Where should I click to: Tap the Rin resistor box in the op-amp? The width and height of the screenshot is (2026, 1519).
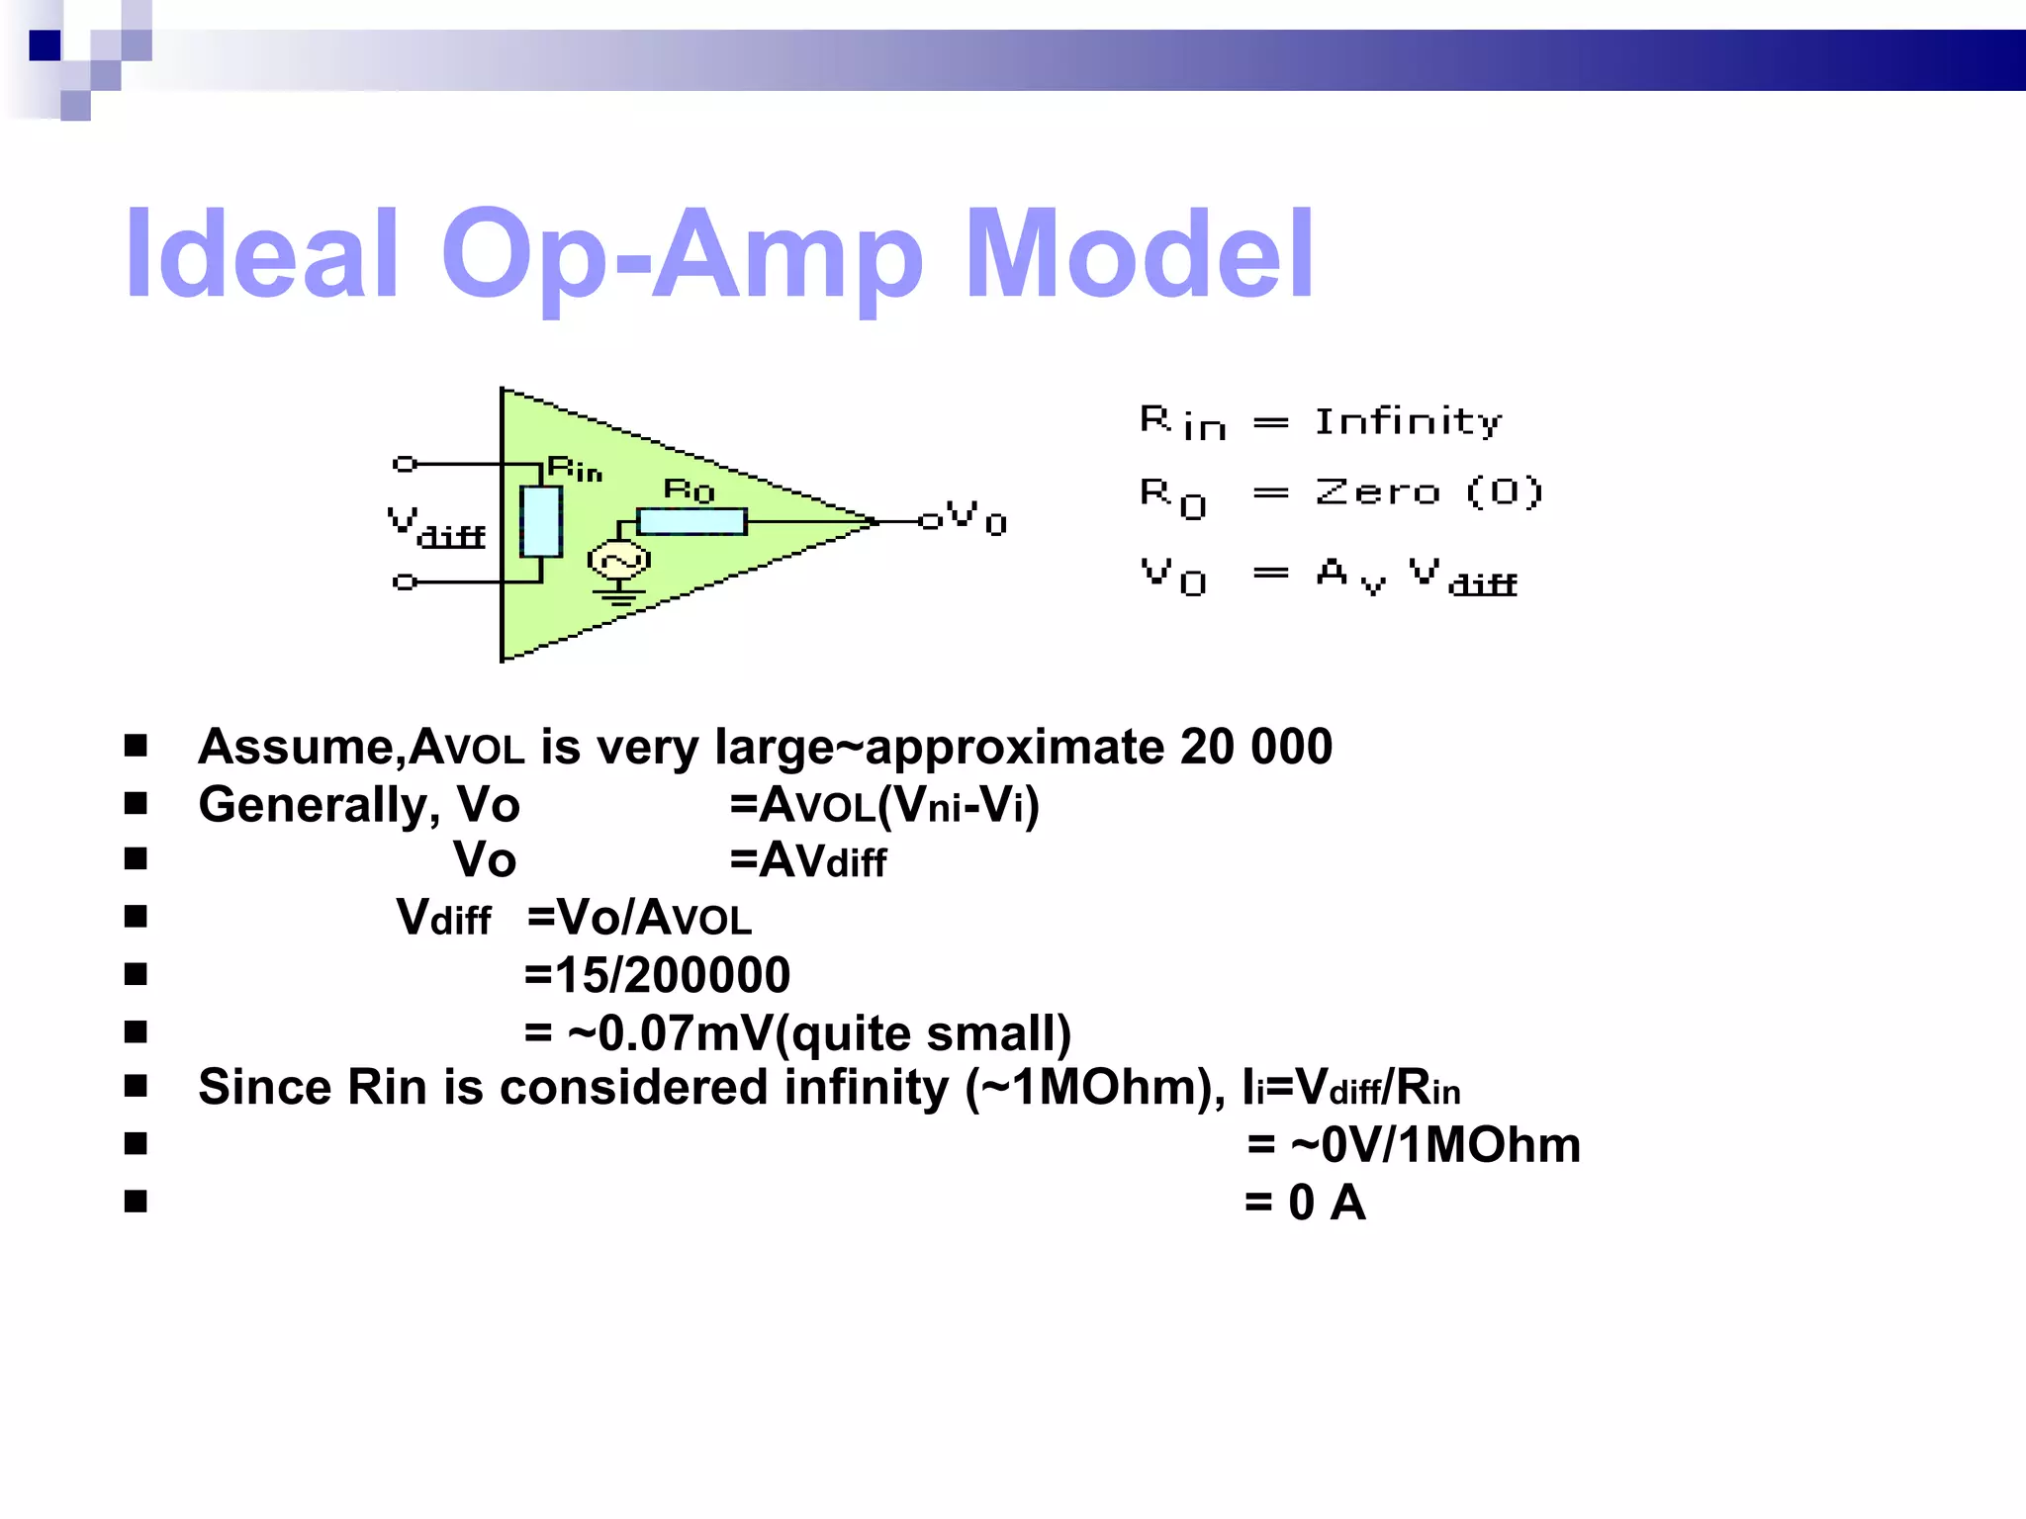(x=541, y=521)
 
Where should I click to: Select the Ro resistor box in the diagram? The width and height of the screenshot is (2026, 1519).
(x=691, y=521)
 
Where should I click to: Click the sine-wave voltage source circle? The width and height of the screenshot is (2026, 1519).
(x=618, y=561)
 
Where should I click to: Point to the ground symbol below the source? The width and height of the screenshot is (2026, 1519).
(x=618, y=595)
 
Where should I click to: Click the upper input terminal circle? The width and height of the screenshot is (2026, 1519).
(x=404, y=463)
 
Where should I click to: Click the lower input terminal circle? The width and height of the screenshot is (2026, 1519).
(x=404, y=581)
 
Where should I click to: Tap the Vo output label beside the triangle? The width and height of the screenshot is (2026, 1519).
(x=975, y=516)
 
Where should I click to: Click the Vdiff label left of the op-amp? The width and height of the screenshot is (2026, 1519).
(x=436, y=527)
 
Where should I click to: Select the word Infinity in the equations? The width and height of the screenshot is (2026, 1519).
(x=1408, y=422)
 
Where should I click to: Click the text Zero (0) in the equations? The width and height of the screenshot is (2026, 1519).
(x=1427, y=491)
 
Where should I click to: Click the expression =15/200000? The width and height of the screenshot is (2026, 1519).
(x=657, y=975)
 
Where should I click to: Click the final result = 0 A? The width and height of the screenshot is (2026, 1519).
(x=1306, y=1204)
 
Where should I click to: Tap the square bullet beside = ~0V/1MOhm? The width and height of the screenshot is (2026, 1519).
(x=136, y=1144)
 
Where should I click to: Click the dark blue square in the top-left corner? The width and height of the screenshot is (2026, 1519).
(x=45, y=45)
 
